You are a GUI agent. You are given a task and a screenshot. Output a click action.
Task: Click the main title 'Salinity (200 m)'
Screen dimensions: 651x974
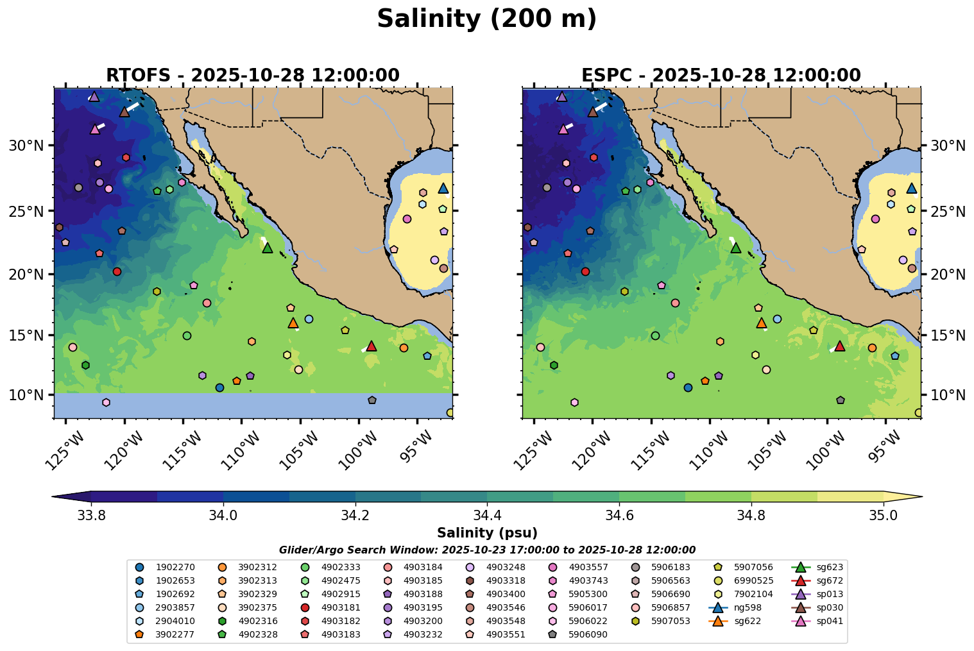[x=486, y=19]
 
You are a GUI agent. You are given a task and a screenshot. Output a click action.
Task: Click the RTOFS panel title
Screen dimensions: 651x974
[x=253, y=76]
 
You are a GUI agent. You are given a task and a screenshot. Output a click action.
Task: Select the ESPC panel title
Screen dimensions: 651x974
[x=721, y=76]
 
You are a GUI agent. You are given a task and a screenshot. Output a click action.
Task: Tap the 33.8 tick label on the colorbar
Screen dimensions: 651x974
[x=90, y=516]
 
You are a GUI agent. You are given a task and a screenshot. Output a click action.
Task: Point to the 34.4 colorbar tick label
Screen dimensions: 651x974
[x=487, y=516]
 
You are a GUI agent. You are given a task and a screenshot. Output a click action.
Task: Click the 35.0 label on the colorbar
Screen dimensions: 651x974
[x=883, y=516]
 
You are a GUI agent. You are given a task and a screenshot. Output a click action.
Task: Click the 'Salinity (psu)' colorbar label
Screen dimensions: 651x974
[x=487, y=533]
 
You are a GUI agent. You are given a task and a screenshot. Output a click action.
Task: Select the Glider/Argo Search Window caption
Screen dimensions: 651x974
[x=487, y=550]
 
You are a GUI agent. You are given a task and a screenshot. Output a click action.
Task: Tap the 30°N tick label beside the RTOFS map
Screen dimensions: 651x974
[x=26, y=146]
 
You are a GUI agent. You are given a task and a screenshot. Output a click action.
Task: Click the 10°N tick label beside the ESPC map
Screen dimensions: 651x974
[x=948, y=394]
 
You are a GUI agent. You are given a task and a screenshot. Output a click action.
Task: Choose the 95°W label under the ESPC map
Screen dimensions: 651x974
[x=887, y=449]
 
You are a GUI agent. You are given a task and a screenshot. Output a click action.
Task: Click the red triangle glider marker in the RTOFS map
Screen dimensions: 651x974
[x=371, y=346]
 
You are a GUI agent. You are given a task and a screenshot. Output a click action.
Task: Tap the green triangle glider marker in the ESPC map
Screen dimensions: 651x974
[x=736, y=248]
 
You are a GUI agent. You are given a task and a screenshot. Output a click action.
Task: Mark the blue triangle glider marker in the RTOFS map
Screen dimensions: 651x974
[x=443, y=188]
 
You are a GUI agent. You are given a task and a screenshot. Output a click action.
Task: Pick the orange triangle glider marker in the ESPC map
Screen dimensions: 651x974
[x=761, y=323]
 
